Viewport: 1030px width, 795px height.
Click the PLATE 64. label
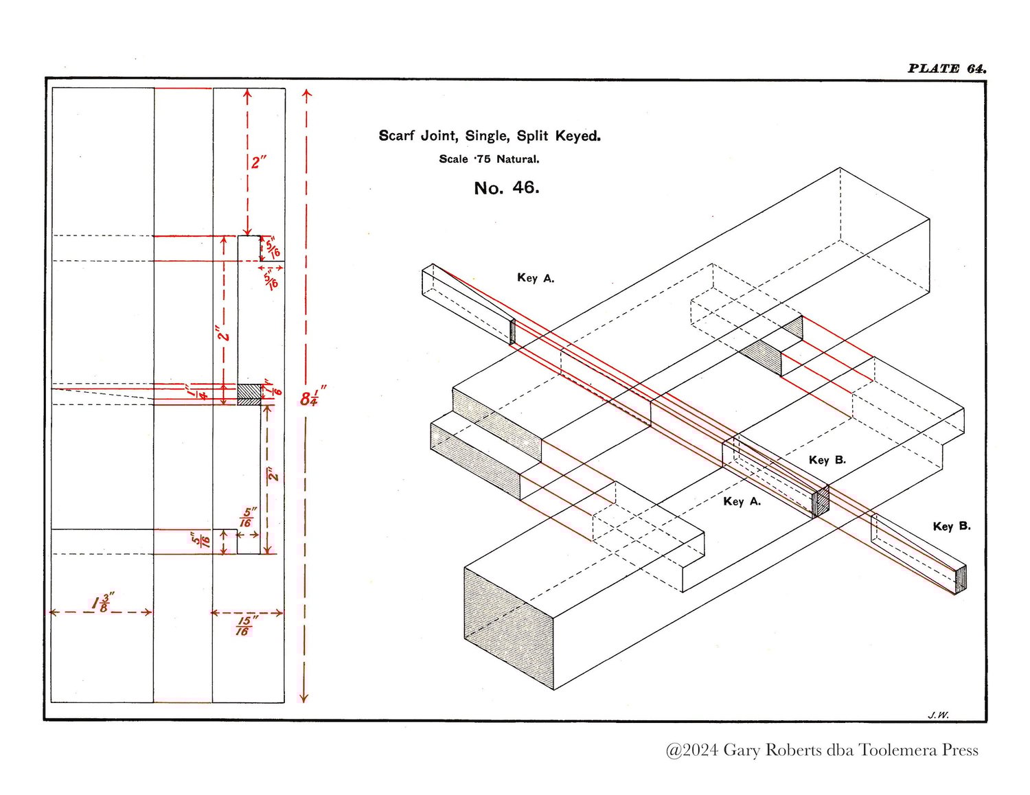[x=946, y=69]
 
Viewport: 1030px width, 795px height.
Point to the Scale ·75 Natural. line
[x=489, y=159]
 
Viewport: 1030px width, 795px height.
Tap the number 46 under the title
[x=526, y=187]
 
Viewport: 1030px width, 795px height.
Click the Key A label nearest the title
[x=536, y=277]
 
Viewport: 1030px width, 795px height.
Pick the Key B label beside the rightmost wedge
[x=951, y=526]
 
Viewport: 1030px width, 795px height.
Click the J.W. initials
[x=938, y=715]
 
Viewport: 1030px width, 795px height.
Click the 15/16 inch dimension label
[x=247, y=626]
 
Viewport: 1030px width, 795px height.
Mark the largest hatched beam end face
[x=509, y=629]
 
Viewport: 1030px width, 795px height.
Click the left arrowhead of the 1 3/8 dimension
[x=53, y=612]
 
